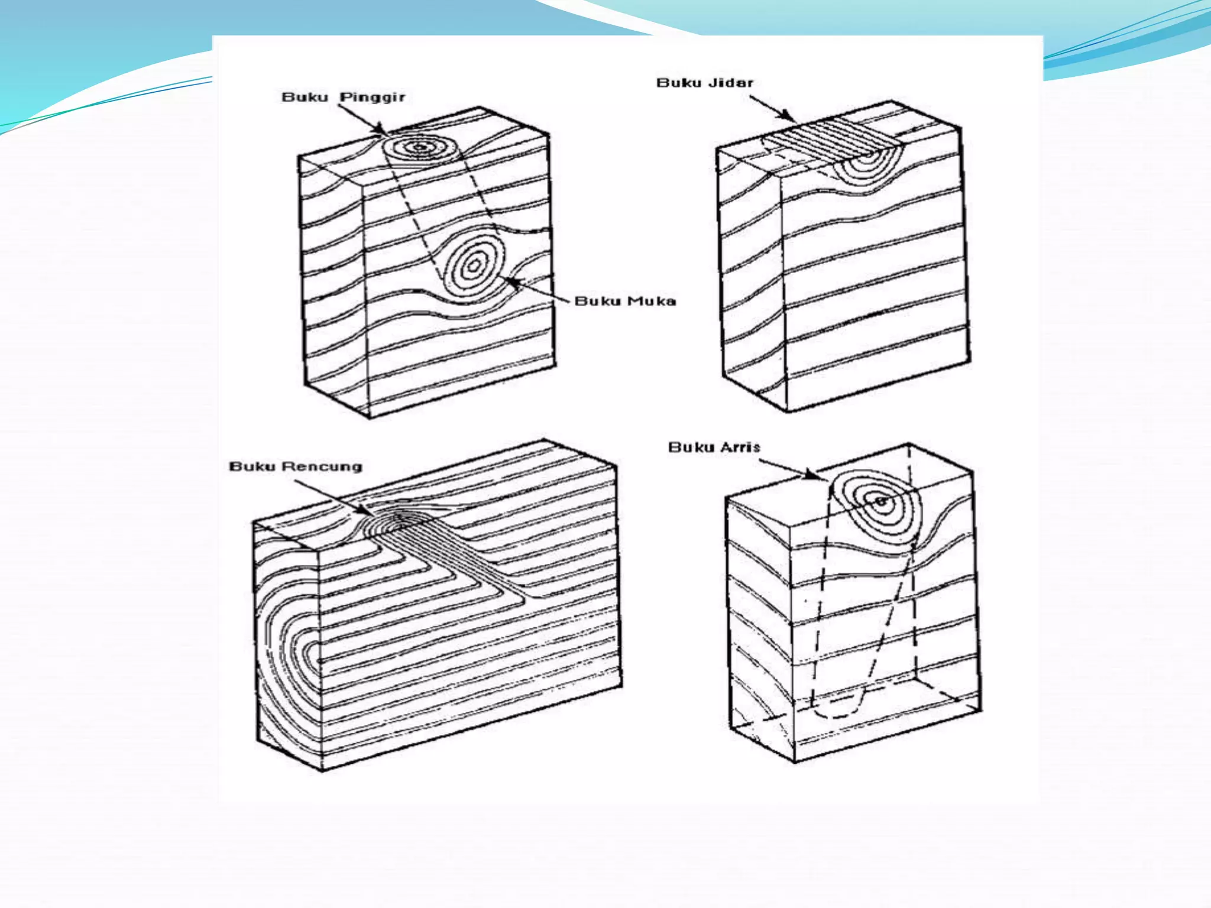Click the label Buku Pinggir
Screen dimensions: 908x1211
click(x=343, y=97)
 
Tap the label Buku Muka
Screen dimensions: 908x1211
click(x=625, y=301)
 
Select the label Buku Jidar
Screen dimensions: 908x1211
click(x=705, y=83)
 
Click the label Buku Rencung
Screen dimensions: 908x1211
click(x=295, y=466)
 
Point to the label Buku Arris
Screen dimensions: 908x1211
click(x=714, y=447)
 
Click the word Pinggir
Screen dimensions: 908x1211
click(x=373, y=97)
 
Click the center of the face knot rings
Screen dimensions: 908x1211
click(x=474, y=265)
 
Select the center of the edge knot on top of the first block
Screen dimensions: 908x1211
click(x=420, y=147)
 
